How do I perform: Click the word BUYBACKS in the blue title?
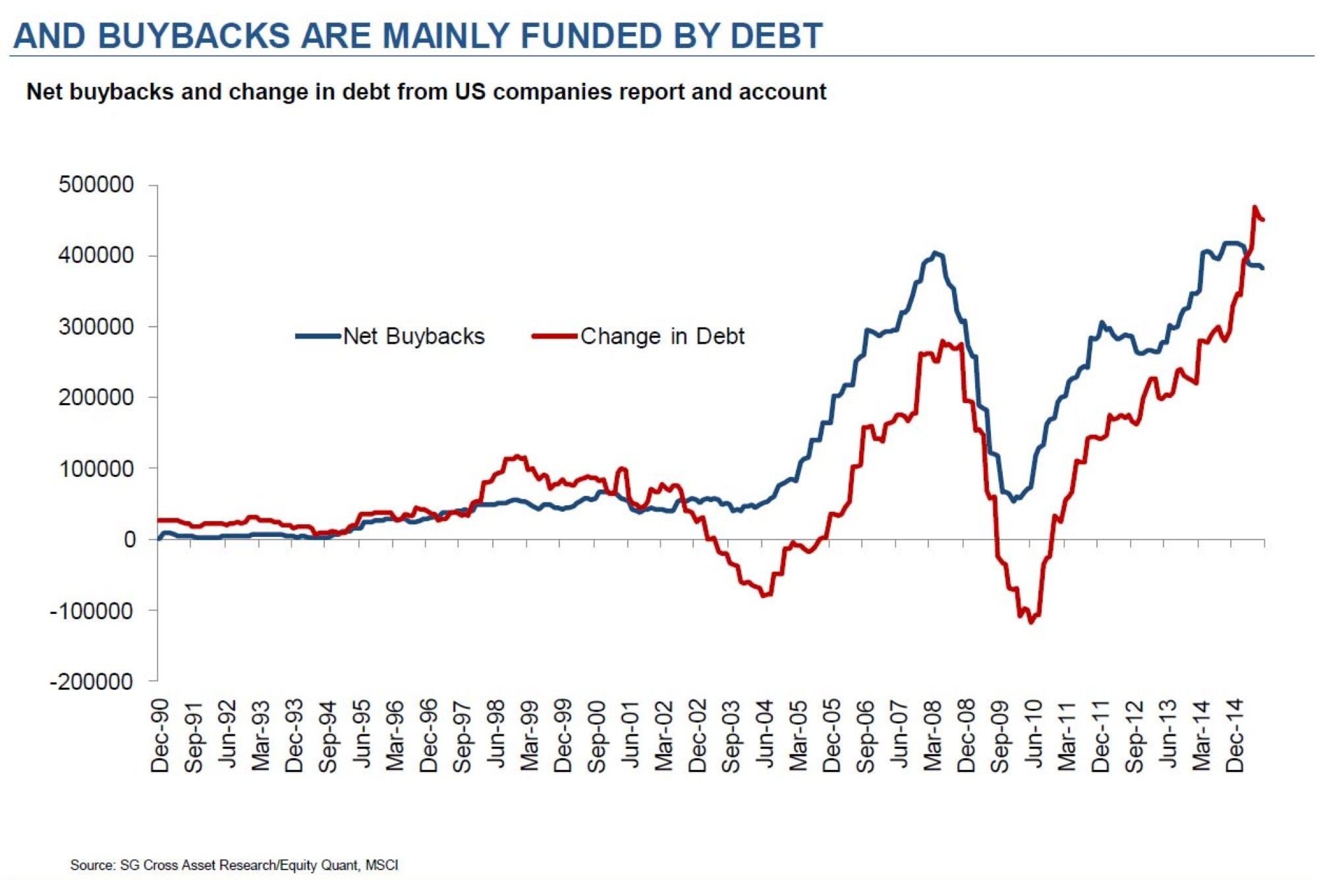coord(194,36)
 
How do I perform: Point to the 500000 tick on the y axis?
coord(96,184)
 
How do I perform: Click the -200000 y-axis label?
coord(92,681)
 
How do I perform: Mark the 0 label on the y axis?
coord(130,539)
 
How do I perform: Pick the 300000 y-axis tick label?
coord(96,327)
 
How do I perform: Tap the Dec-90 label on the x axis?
coord(160,736)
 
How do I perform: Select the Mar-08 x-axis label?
coord(933,736)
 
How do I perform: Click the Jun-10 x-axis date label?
coord(1034,736)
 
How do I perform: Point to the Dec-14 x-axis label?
coord(1235,736)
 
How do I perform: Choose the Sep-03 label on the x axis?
coord(731,736)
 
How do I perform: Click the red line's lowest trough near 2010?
coord(1031,622)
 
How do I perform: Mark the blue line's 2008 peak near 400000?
coord(936,253)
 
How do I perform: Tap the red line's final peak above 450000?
coord(1254,207)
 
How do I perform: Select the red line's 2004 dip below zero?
coord(765,595)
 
